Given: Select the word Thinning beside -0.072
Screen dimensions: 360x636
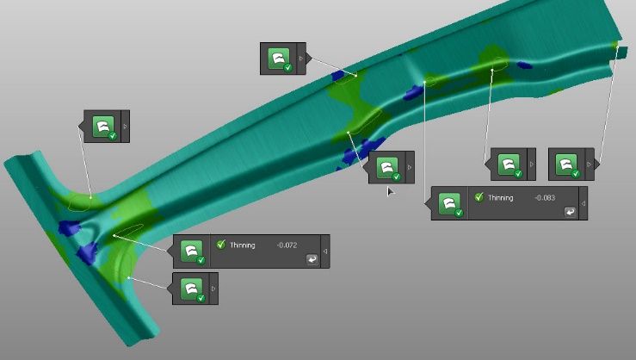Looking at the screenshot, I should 242,245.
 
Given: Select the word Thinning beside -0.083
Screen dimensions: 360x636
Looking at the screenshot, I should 500,198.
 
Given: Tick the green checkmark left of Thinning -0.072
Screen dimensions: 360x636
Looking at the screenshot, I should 221,245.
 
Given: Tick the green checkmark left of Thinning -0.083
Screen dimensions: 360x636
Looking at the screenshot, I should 479,197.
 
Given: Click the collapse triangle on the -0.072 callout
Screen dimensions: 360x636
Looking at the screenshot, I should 324,251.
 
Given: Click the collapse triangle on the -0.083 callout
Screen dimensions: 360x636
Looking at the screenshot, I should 583,203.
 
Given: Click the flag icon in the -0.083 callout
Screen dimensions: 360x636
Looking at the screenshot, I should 449,203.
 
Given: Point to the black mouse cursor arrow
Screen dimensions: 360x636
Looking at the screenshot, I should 390,190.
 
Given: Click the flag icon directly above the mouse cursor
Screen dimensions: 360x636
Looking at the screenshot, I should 387,166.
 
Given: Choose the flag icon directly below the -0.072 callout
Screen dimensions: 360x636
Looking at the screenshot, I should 191,288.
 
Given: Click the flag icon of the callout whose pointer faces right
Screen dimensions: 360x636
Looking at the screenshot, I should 565,164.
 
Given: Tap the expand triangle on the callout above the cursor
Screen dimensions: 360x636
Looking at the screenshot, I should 409,167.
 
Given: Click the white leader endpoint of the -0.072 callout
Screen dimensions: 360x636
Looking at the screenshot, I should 114,233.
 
